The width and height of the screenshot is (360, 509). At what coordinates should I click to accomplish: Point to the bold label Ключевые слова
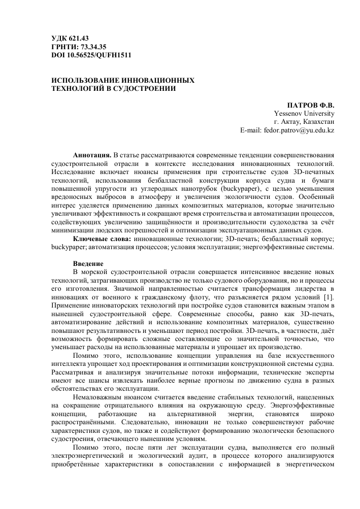pos(102,239)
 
